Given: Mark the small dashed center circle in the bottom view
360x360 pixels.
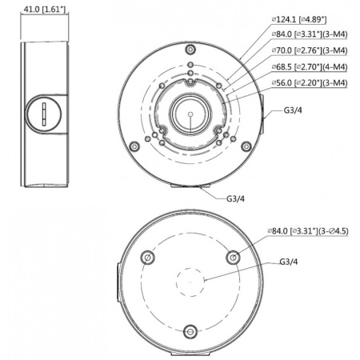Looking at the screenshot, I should [190, 281].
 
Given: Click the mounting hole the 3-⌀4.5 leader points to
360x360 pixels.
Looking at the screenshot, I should [233, 257].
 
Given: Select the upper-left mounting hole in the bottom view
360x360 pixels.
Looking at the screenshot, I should [146, 258].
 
